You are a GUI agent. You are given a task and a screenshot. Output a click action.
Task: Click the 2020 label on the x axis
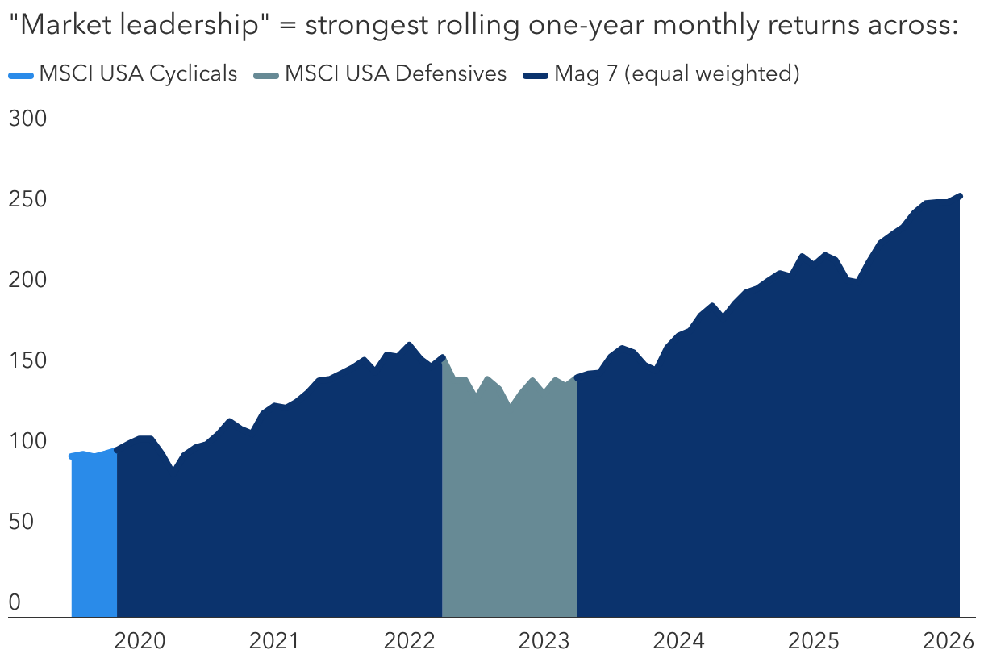[x=140, y=642]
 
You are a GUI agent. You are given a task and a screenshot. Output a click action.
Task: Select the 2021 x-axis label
[x=274, y=642]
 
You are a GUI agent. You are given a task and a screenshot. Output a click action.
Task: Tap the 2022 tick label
[x=409, y=642]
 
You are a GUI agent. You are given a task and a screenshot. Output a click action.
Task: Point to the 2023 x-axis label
[x=544, y=642]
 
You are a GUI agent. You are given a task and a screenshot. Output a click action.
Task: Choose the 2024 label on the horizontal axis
[x=678, y=642]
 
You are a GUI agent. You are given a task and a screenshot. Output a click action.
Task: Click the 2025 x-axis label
[x=813, y=642]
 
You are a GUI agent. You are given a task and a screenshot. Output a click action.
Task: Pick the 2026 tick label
[x=948, y=642]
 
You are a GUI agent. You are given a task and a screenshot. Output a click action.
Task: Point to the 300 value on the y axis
[x=27, y=119]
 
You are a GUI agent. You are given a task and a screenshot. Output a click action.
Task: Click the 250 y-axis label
[x=27, y=199]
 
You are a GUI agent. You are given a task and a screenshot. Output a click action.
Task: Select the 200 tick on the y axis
[x=27, y=280]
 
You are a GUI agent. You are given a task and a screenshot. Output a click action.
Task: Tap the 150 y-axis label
[x=27, y=360]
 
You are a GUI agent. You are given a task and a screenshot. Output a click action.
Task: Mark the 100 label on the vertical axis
[x=27, y=441]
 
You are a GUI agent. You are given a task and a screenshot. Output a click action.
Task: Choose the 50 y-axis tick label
[x=22, y=522]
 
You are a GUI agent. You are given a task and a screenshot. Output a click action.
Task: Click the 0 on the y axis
[x=14, y=602]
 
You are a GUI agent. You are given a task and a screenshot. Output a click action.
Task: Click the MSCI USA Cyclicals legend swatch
[x=21, y=75]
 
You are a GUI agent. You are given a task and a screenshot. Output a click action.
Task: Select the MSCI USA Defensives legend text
[x=395, y=74]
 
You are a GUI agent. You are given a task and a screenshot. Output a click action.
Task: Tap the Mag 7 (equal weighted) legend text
[x=677, y=74]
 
